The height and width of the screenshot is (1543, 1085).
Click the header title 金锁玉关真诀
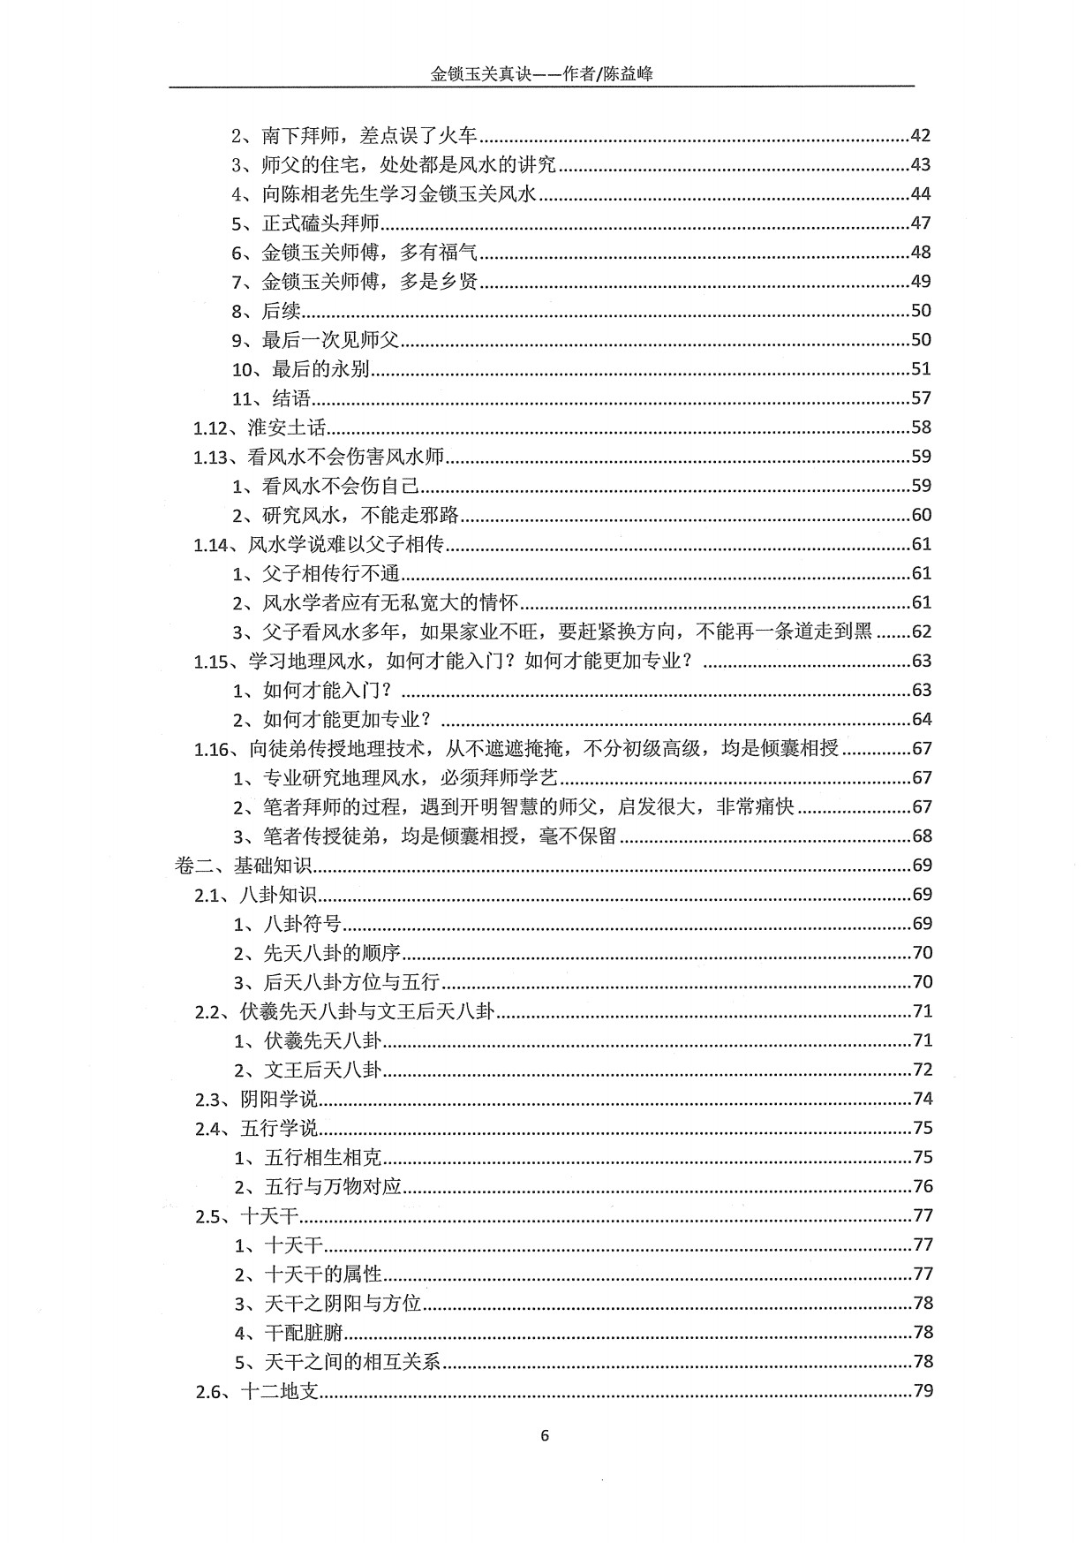[x=478, y=75]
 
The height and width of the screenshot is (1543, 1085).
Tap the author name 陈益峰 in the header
[x=628, y=75]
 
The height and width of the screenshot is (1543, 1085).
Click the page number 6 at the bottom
[x=544, y=1435]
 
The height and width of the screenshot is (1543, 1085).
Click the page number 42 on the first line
[x=920, y=135]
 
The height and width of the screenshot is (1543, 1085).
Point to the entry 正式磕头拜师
[x=320, y=223]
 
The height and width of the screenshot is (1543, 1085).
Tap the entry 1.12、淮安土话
[x=260, y=427]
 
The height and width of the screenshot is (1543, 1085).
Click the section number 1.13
[x=212, y=457]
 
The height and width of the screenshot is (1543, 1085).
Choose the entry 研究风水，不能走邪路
[x=361, y=515]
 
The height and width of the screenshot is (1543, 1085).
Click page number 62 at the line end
[x=921, y=632]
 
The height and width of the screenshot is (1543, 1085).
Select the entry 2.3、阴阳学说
[x=257, y=1100]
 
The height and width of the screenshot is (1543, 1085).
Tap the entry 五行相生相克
[x=323, y=1158]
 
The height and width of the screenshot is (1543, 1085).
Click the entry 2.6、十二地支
[x=257, y=1392]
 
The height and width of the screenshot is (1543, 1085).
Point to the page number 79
[x=922, y=1391]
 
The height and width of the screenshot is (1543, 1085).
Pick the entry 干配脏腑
[x=304, y=1333]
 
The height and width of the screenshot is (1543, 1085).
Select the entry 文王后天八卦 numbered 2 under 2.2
[x=323, y=1070]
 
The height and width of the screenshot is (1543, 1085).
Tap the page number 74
[x=922, y=1099]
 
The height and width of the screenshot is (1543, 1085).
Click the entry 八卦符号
[x=303, y=924]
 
